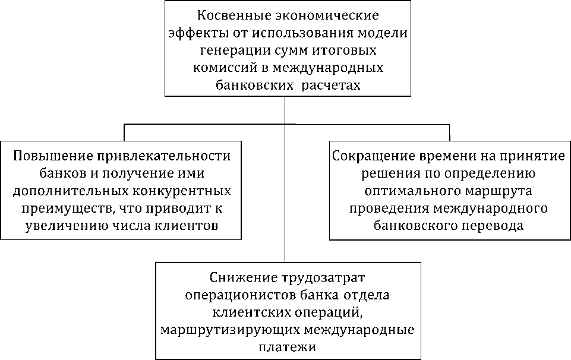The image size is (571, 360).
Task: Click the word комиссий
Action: click(221, 68)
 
